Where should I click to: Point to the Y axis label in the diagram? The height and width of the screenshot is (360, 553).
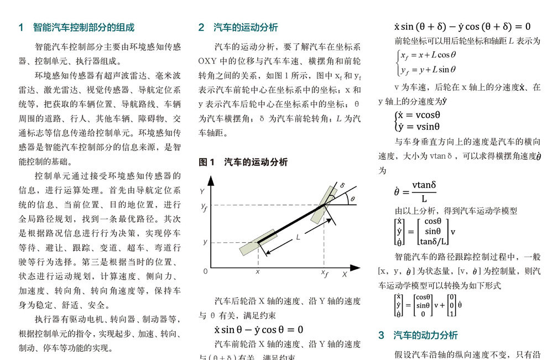click(x=203, y=191)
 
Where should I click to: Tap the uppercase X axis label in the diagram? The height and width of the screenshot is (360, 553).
click(x=344, y=274)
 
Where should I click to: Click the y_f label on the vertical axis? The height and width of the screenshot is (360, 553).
click(x=204, y=206)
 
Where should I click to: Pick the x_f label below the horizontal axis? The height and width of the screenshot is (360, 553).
click(x=325, y=273)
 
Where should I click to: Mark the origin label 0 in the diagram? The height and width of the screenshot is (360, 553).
click(x=205, y=272)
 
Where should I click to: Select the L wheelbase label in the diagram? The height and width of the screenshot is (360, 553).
click(x=298, y=237)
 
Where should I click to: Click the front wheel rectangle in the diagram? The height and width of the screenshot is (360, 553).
click(x=324, y=205)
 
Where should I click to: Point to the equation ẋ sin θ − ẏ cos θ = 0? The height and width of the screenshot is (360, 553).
click(x=259, y=330)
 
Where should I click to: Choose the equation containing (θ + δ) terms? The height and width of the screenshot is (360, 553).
click(x=462, y=27)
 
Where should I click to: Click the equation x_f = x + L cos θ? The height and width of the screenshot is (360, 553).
click(x=428, y=55)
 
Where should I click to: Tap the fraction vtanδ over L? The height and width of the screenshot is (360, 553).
click(x=424, y=191)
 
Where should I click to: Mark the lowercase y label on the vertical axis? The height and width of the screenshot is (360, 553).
click(x=205, y=242)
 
